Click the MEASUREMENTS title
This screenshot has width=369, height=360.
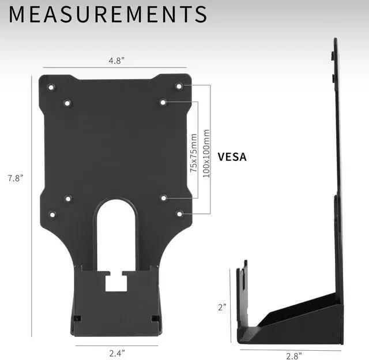[x=108, y=14]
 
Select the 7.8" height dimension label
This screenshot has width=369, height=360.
[x=15, y=178]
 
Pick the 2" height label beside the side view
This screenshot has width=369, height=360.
[x=222, y=307]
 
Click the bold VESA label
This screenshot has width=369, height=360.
[x=232, y=156]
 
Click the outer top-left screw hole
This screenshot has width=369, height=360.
[x=51, y=88]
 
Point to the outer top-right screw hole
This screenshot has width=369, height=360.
[x=179, y=86]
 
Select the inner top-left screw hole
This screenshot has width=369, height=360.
[x=67, y=104]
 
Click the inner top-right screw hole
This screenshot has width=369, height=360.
[x=164, y=102]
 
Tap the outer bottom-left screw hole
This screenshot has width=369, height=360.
[x=52, y=215]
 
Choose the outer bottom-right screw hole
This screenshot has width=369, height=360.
[x=179, y=214]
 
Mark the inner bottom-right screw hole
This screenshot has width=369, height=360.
[x=164, y=198]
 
